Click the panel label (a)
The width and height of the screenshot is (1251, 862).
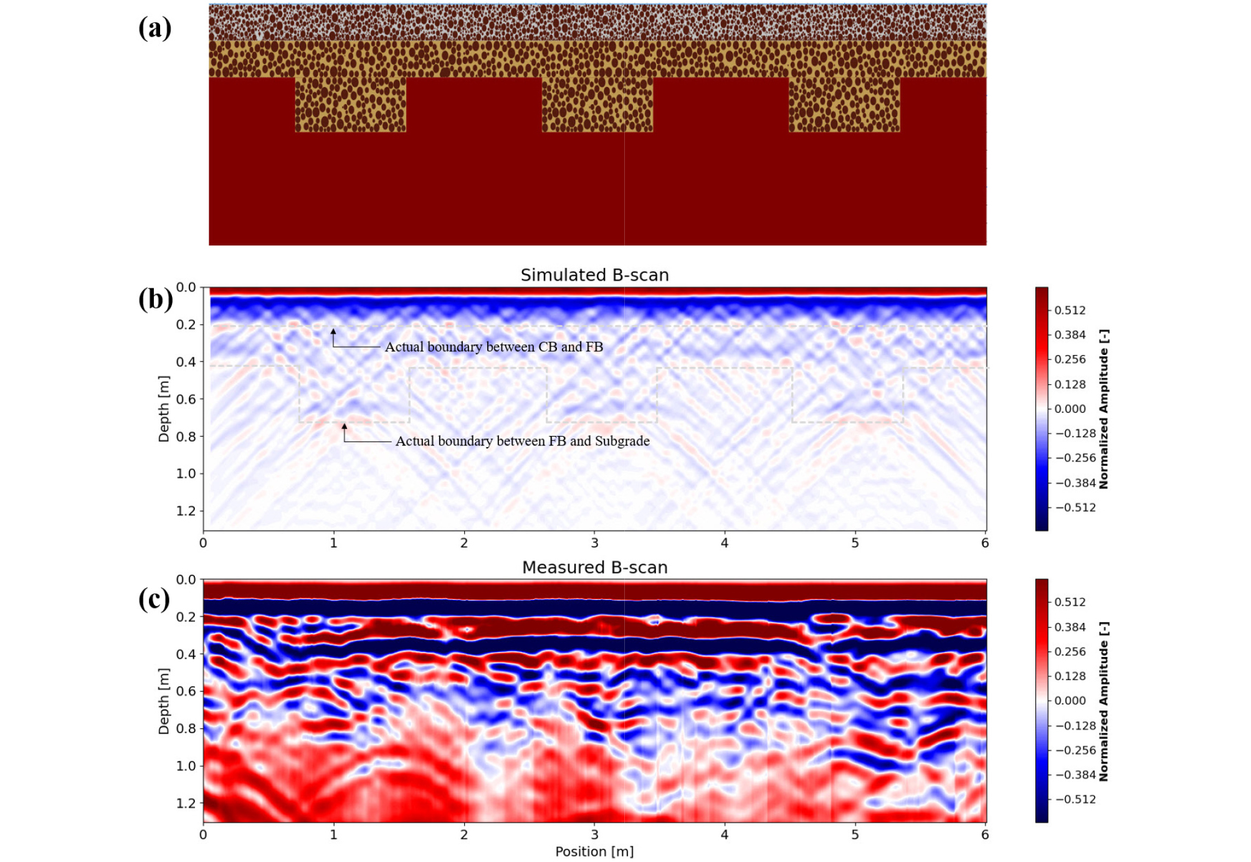click(x=155, y=28)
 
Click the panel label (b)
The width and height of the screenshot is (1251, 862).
click(x=156, y=299)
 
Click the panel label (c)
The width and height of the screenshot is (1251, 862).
click(x=154, y=599)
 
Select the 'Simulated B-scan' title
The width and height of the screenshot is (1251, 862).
click(x=594, y=275)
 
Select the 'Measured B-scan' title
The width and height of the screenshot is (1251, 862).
click(x=594, y=567)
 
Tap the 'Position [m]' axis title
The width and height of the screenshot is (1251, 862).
click(x=594, y=851)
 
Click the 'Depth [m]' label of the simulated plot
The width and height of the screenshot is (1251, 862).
click(x=164, y=409)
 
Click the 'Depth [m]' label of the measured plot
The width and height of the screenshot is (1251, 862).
click(x=164, y=701)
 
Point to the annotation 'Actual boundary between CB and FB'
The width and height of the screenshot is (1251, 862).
click(x=494, y=347)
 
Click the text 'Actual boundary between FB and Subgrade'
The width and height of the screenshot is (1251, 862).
click(x=523, y=441)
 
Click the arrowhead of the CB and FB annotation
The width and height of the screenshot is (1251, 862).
click(x=333, y=331)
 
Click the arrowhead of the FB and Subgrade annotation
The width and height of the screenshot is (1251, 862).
click(x=345, y=426)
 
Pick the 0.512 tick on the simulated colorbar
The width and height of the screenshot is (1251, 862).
click(x=1070, y=310)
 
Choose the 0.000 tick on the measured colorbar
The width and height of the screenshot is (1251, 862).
click(x=1070, y=701)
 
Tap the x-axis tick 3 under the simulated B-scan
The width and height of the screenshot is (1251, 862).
click(x=594, y=542)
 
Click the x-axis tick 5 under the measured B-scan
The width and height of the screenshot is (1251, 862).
click(x=855, y=835)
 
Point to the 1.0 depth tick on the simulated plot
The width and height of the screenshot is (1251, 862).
click(x=186, y=473)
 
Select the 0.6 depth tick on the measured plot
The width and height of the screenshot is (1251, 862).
click(x=186, y=691)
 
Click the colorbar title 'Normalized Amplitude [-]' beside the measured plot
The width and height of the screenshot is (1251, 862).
click(x=1103, y=701)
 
